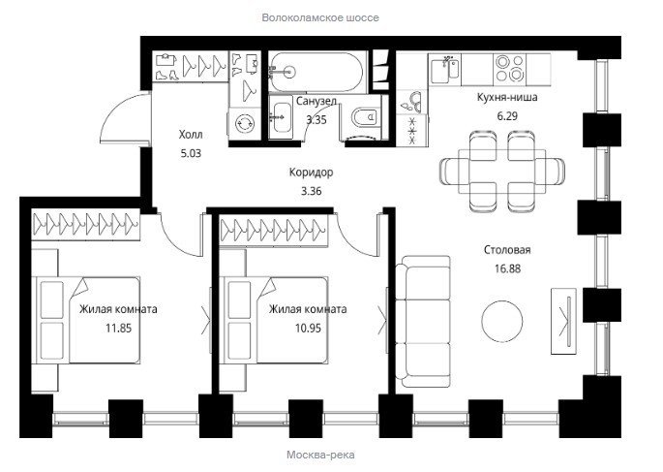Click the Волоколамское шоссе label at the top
[320, 17]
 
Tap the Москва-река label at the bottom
[320, 456]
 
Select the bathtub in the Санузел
[316, 72]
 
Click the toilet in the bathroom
[365, 117]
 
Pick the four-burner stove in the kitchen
[509, 68]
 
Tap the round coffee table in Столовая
[502, 321]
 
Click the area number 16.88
[507, 268]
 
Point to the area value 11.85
[118, 328]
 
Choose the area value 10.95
[308, 328]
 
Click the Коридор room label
[312, 173]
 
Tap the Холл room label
[191, 135]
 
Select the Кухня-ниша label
[507, 97]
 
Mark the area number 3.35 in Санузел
[316, 120]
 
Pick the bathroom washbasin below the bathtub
[281, 116]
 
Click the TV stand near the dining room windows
[563, 321]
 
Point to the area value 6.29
[507, 116]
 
